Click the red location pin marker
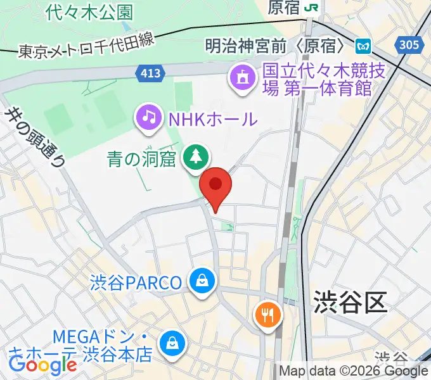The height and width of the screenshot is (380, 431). pyautogui.click(x=215, y=185)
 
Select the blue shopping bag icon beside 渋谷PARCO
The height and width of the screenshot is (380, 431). pyautogui.click(x=202, y=281)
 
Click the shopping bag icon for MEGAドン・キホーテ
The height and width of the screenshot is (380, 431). pyautogui.click(x=171, y=344)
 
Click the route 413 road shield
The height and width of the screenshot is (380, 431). pyautogui.click(x=151, y=74)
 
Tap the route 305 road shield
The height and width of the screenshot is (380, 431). pyautogui.click(x=409, y=44)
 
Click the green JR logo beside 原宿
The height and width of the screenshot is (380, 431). pyautogui.click(x=312, y=8)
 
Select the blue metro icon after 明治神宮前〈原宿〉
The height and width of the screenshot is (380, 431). pyautogui.click(x=363, y=46)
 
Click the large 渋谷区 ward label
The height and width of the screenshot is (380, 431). pyautogui.click(x=350, y=303)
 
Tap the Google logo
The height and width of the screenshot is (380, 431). pyautogui.click(x=42, y=364)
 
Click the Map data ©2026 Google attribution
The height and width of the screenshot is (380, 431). pyautogui.click(x=354, y=371)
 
